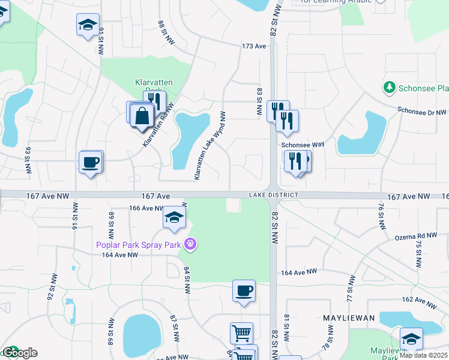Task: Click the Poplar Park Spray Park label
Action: (x=139, y=244)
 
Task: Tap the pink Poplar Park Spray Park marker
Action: (x=191, y=244)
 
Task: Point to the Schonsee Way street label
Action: (x=303, y=145)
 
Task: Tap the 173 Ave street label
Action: (x=254, y=46)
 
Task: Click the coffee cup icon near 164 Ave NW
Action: (x=244, y=292)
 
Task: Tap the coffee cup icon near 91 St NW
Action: (x=91, y=163)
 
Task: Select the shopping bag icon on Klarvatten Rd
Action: (x=142, y=116)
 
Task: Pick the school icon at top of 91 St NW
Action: (x=88, y=25)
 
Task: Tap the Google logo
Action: (x=19, y=353)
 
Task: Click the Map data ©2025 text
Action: (x=423, y=355)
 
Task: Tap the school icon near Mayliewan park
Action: (x=411, y=340)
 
